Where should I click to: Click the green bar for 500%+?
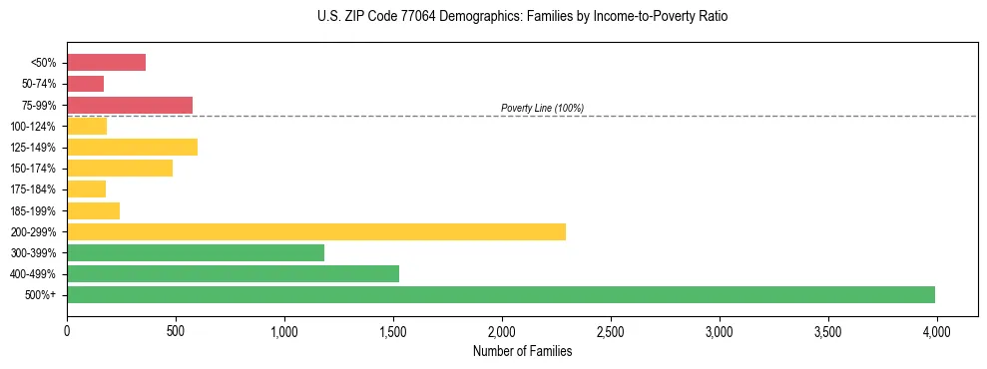point(501,294)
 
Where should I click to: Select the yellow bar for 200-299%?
point(316,231)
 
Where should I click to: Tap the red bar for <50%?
point(106,63)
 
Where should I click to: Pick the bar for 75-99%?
point(130,105)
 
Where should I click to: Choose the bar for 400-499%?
point(233,273)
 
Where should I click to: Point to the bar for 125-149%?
point(132,148)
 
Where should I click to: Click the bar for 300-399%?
point(196,252)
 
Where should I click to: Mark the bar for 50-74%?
point(85,84)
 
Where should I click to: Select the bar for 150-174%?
point(120,169)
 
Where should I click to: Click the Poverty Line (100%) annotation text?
point(542,108)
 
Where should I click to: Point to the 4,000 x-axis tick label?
point(936,331)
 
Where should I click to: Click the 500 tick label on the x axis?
point(176,331)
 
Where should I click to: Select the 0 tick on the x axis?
point(67,331)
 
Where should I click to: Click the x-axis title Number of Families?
point(522,351)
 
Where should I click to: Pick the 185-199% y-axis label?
point(37,210)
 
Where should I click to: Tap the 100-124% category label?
point(37,127)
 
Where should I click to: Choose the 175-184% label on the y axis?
point(37,189)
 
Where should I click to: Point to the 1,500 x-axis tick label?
point(392,331)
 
